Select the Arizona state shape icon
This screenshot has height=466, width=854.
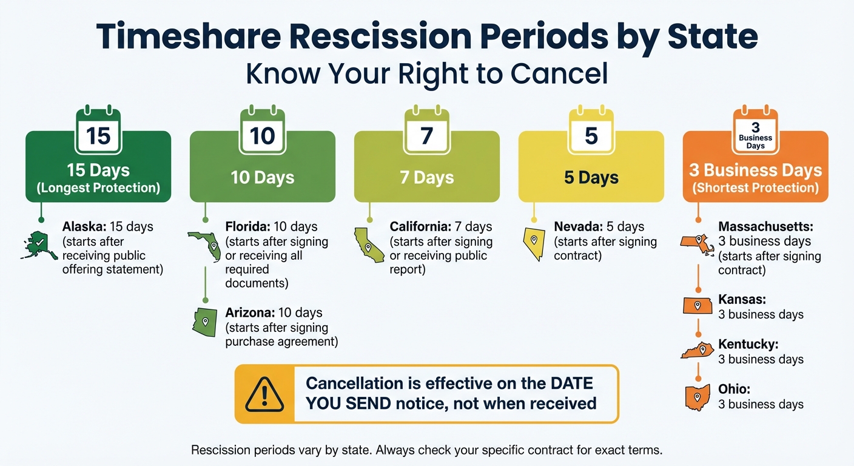[205, 322]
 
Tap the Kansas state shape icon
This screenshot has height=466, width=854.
[698, 306]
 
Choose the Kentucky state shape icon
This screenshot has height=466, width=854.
[698, 351]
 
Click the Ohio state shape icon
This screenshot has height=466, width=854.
[698, 397]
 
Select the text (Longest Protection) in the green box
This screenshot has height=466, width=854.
[98, 187]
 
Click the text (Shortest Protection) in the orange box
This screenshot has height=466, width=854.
[755, 187]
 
